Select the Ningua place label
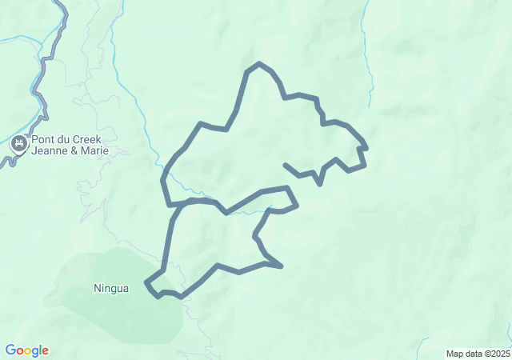tap(110, 288)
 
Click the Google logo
tap(26, 350)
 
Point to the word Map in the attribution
tap(455, 354)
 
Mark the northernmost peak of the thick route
tap(258, 63)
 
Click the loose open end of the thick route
tap(286, 165)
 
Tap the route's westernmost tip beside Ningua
tap(146, 282)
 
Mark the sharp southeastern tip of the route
tap(282, 266)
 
